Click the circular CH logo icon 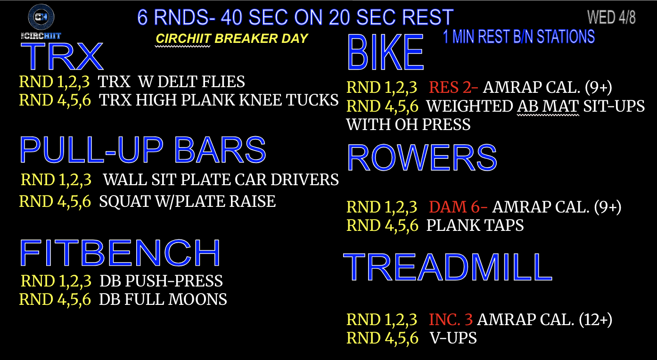[x=41, y=16]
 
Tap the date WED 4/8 [x=611, y=17]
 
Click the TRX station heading [x=62, y=56]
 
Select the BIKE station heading [x=386, y=52]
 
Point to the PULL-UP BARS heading [x=143, y=149]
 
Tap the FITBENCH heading [x=120, y=253]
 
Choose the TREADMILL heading [x=448, y=267]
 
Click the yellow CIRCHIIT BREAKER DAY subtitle [x=232, y=39]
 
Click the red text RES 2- [x=453, y=87]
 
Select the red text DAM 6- [x=458, y=207]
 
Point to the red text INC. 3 [x=451, y=319]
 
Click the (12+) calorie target [x=595, y=319]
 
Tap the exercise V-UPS [x=453, y=338]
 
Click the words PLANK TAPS [x=475, y=225]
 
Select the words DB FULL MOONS [x=163, y=299]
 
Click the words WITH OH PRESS [x=408, y=124]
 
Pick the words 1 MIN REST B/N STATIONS [x=518, y=37]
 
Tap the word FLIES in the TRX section [x=225, y=82]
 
